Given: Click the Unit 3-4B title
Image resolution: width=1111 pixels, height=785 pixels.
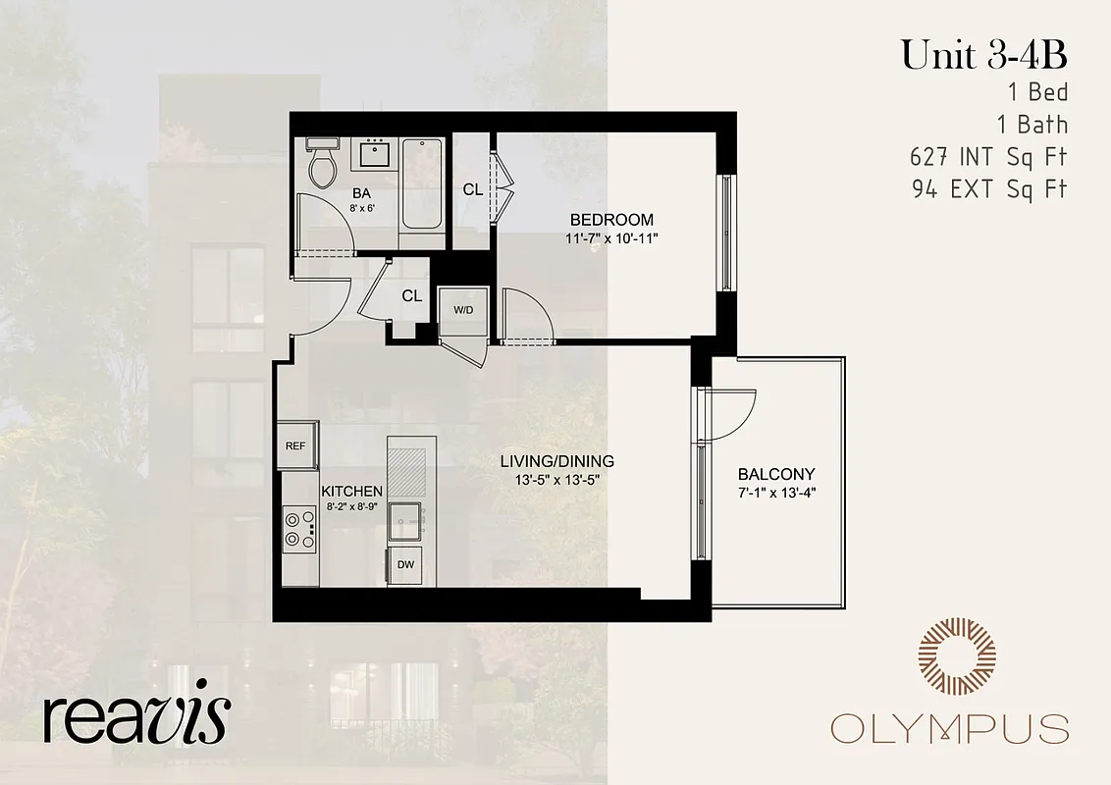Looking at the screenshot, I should (983, 56).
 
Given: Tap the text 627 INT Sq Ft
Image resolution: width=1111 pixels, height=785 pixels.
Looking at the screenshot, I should (988, 156).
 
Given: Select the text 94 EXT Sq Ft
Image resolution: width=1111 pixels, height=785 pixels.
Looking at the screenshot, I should (988, 188).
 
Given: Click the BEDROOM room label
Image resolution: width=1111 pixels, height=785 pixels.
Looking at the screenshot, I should (611, 220).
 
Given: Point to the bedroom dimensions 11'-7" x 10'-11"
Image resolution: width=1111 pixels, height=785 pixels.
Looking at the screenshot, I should (611, 238).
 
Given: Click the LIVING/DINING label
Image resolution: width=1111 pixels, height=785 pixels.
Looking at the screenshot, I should (556, 461).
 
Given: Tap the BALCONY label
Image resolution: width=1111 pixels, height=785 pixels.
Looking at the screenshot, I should (776, 473).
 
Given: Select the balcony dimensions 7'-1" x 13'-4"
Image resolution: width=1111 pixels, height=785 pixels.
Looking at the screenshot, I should (776, 492).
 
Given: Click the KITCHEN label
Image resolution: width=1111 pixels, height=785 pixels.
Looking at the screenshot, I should (351, 491).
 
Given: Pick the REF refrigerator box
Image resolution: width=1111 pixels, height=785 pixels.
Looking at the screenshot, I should (296, 445).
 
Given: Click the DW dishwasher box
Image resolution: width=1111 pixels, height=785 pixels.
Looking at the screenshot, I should (404, 565).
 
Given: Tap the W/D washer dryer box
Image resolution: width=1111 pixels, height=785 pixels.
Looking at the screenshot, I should (462, 310).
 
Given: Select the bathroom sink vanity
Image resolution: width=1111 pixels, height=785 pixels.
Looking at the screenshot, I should (373, 154).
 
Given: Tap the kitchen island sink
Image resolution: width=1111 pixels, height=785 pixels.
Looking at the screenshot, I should (404, 522).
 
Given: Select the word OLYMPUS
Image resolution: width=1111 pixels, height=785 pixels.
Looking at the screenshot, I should (949, 729).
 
